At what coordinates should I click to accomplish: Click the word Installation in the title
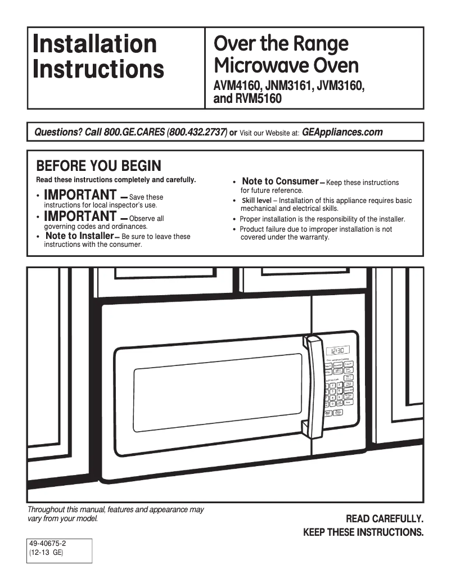[x=95, y=44]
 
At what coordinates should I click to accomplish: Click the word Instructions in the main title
[x=98, y=69]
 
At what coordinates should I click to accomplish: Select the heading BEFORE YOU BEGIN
[x=98, y=166]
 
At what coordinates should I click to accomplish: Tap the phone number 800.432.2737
[x=198, y=133]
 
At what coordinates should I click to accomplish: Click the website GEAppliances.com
[x=342, y=133]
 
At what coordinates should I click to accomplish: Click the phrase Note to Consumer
[x=280, y=182]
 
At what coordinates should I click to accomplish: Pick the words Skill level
[x=256, y=201]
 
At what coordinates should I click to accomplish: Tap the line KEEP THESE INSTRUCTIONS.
[x=363, y=532]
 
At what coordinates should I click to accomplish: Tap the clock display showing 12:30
[x=339, y=349]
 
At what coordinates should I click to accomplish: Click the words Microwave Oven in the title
[x=286, y=66]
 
